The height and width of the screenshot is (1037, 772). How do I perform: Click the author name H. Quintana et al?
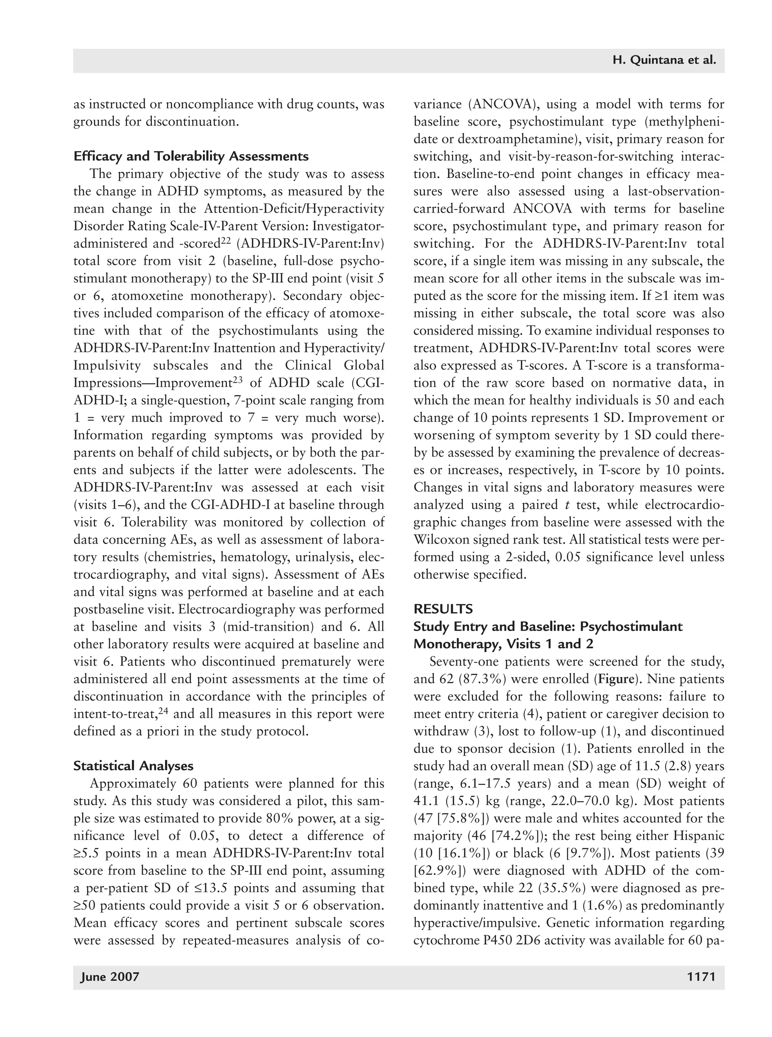coord(664,60)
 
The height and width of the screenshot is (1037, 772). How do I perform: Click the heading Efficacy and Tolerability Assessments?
coord(191,156)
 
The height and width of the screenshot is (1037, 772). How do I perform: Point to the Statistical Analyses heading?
coord(133,766)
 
